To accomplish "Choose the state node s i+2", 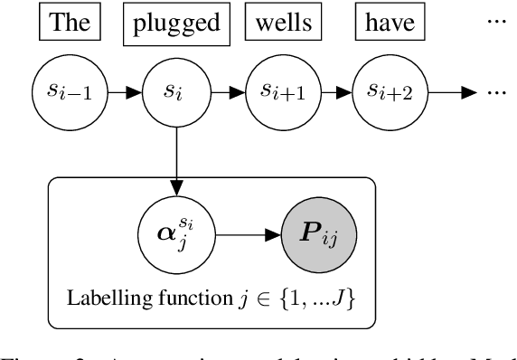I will (x=383, y=90).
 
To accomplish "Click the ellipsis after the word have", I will (x=496, y=18).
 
